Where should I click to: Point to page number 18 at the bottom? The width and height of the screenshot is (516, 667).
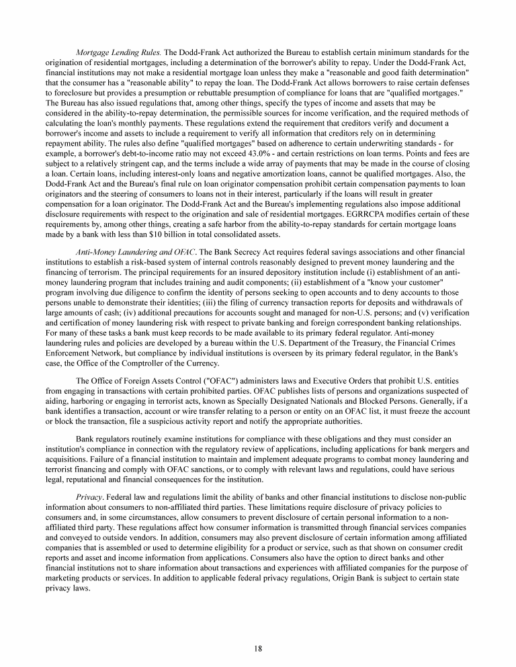coord(258,648)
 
